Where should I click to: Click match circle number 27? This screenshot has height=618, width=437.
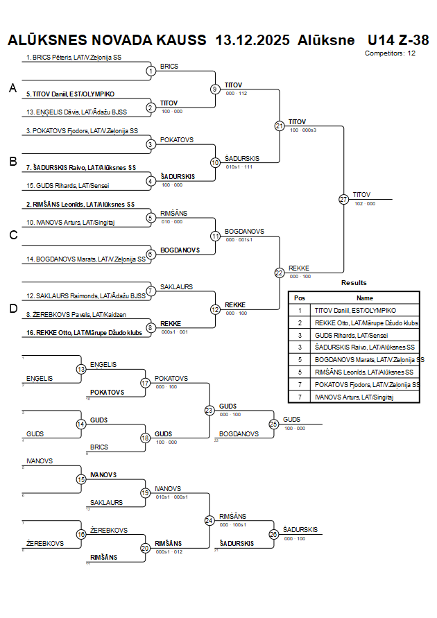click(x=344, y=199)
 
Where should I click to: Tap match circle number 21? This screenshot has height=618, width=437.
click(x=280, y=126)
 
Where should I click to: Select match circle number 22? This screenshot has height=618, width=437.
click(x=280, y=273)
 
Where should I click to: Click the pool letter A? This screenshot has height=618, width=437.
click(x=12, y=88)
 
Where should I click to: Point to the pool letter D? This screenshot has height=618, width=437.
click(x=12, y=309)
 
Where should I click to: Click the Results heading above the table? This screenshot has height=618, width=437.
click(x=354, y=283)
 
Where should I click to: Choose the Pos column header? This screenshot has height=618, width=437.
click(x=300, y=298)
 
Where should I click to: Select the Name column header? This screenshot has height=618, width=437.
click(x=365, y=298)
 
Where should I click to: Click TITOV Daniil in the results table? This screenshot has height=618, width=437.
click(x=355, y=311)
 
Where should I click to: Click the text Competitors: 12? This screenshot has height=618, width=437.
click(x=391, y=53)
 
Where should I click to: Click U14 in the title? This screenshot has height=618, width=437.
click(x=380, y=40)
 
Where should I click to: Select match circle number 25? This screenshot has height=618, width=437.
click(x=273, y=424)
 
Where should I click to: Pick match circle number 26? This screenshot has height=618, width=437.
click(x=273, y=534)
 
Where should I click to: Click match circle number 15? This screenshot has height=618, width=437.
click(x=81, y=479)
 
